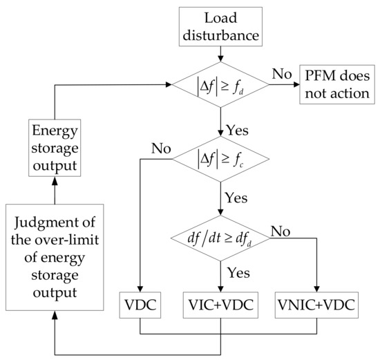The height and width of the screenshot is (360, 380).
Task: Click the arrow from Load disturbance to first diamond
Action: [x=220, y=52]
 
